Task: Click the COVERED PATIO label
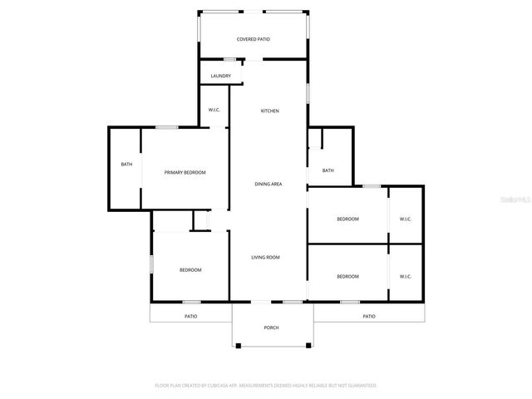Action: [x=253, y=39]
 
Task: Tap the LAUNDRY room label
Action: [x=220, y=76]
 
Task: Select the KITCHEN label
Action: [x=269, y=111]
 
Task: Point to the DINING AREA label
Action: [x=268, y=184]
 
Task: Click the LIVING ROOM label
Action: [x=265, y=257]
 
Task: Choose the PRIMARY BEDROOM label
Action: [x=185, y=172]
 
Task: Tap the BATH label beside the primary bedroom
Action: [x=126, y=164]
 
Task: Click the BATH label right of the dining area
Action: [x=328, y=170]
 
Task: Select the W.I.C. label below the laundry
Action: [x=213, y=111]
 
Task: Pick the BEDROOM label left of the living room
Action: [x=190, y=269]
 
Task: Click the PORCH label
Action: [x=271, y=328]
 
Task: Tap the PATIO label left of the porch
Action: [x=190, y=316]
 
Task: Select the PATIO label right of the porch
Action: [x=368, y=316]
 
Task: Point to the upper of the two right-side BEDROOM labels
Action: [x=347, y=219]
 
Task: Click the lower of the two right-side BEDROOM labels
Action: [x=347, y=276]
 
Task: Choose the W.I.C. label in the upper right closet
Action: [x=406, y=219]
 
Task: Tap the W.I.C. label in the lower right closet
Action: [x=406, y=276]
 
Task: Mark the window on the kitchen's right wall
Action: [x=308, y=91]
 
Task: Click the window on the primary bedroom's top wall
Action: [x=167, y=127]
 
